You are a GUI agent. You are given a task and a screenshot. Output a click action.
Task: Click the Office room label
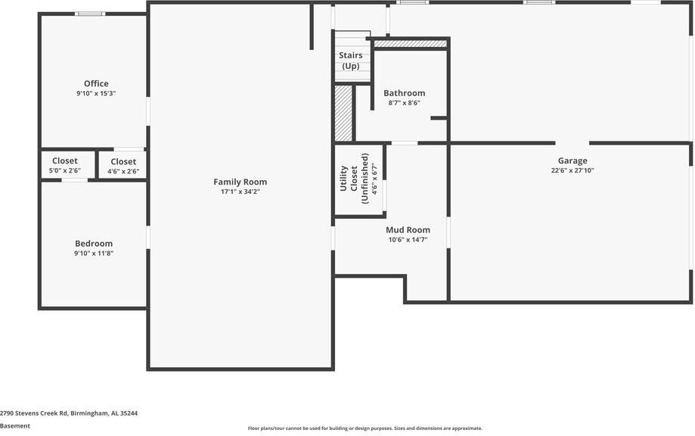[x=96, y=83]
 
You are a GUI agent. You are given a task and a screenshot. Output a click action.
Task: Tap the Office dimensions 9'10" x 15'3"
[x=96, y=94]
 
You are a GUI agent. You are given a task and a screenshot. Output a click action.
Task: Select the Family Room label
[x=240, y=182]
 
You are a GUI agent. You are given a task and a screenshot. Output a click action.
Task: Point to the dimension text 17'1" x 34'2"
[x=240, y=192]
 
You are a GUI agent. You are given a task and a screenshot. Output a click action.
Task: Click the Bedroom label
[x=94, y=243]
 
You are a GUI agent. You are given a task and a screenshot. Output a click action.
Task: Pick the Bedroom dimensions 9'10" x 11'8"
[x=94, y=254]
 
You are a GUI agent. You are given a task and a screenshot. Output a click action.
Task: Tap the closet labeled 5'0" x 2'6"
[x=65, y=165]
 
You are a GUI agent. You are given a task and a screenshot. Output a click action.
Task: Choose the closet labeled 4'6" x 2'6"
[x=123, y=166]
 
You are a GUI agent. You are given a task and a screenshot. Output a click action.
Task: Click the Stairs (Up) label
[x=351, y=61]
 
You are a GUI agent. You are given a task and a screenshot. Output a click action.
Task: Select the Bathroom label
[x=404, y=93]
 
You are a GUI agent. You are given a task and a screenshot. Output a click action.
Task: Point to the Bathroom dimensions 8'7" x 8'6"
[x=404, y=103]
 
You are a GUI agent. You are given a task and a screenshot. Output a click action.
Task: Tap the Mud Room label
[x=408, y=229]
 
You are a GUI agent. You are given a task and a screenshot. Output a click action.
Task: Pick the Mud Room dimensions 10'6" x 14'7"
[x=408, y=240]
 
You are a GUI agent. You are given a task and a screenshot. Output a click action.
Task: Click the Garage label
[x=572, y=160]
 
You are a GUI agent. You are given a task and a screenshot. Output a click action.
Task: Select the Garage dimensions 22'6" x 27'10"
[x=572, y=171]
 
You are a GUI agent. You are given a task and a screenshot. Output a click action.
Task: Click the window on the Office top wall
[x=90, y=14]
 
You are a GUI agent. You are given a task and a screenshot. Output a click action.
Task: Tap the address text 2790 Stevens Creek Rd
[x=69, y=413]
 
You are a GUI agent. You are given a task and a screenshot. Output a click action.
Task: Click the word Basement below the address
[x=15, y=426]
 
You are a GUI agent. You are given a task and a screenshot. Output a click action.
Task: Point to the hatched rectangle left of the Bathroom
[x=343, y=113]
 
